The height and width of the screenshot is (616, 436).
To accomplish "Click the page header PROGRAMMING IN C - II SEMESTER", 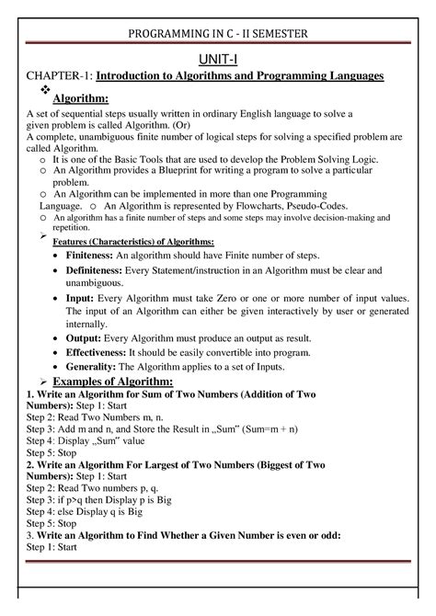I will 218,35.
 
